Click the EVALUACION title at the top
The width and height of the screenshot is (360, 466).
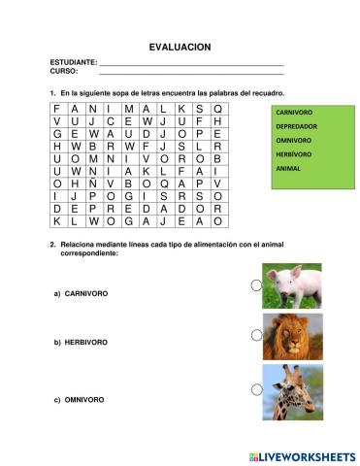tap(180, 47)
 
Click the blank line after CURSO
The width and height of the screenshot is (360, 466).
tap(191, 72)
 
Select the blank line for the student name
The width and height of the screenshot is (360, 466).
tap(191, 63)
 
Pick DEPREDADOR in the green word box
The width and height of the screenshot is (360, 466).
tap(296, 126)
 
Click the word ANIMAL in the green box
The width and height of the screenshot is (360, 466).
tap(288, 168)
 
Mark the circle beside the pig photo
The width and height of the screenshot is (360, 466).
tap(256, 285)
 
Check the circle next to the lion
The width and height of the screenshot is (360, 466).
tap(256, 335)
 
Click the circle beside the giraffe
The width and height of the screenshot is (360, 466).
tap(256, 389)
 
